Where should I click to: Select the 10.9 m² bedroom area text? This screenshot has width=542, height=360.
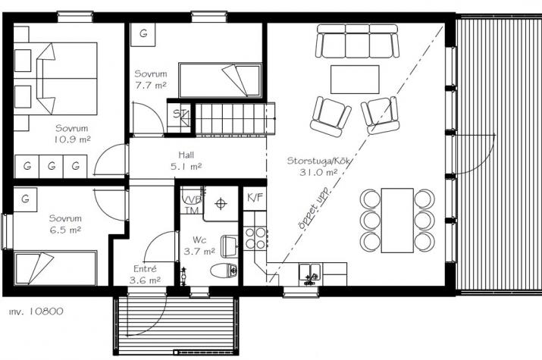point(73,140)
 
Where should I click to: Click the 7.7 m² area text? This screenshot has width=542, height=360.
point(151,86)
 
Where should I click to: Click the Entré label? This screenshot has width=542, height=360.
point(144,268)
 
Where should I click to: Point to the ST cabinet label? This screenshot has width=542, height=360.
point(180,114)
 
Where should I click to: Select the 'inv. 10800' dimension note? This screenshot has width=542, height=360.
point(36,311)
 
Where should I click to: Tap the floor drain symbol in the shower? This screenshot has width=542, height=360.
point(221,203)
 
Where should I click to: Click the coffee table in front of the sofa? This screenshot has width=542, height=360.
point(355,79)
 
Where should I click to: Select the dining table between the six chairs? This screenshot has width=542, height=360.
point(397,220)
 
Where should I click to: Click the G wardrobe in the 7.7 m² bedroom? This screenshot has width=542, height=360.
point(143,34)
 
